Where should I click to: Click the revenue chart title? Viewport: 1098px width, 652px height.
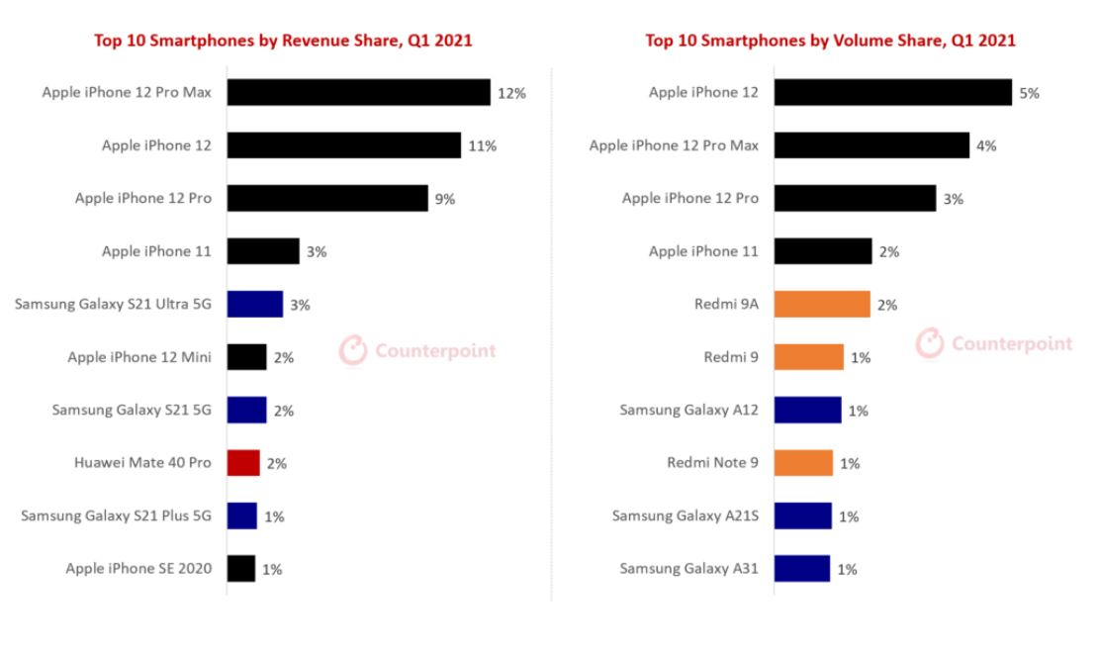coord(283,41)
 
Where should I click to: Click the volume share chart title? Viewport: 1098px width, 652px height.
coord(830,41)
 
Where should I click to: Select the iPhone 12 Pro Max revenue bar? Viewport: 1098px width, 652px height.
coord(358,92)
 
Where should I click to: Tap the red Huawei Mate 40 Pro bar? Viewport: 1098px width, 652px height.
coord(243,463)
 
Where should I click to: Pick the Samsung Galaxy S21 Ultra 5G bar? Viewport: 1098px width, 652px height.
coord(255,304)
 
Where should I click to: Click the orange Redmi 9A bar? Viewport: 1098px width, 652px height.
coord(822,304)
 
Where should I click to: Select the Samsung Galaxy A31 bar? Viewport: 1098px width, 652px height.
coord(802,569)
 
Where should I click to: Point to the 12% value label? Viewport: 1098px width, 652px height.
coord(511,93)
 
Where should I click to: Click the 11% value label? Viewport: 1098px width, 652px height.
coord(482,145)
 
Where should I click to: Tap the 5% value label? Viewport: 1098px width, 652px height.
coord(1029,93)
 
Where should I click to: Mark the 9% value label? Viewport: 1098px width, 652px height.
coord(445,199)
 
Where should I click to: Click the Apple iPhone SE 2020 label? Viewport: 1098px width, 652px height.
coord(138,569)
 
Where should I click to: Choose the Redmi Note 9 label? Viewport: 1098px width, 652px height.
coord(712,463)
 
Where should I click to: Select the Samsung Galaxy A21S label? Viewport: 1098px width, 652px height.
coord(685,516)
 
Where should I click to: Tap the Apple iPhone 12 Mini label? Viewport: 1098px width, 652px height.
coord(139,357)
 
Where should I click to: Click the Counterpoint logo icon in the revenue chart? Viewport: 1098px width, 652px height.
coord(353,350)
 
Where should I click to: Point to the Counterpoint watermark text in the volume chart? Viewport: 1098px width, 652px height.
coord(1012,344)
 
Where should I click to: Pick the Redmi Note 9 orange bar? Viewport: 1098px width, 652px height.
coord(803,463)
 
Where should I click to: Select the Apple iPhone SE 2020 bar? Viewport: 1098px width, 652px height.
coord(241,569)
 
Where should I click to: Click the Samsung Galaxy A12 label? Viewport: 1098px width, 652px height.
coord(688,411)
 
